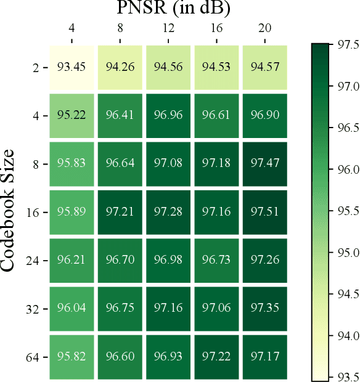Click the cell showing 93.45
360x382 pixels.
pyautogui.click(x=72, y=66)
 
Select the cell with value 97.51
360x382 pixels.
pyautogui.click(x=265, y=211)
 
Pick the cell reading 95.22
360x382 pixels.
pyautogui.click(x=72, y=115)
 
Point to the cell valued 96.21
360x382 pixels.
pyautogui.click(x=72, y=260)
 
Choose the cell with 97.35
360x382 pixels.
pyautogui.click(x=265, y=309)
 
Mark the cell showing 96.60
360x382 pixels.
pyautogui.click(x=120, y=357)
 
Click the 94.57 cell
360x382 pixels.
pyautogui.click(x=265, y=66)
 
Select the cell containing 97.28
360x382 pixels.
pyautogui.click(x=168, y=211)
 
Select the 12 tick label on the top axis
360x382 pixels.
pyautogui.click(x=168, y=28)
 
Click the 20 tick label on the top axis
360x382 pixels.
pyautogui.click(x=265, y=28)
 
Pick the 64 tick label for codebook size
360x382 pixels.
pyautogui.click(x=33, y=357)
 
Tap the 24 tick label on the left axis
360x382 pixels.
pyautogui.click(x=33, y=260)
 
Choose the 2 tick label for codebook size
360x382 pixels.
pyautogui.click(x=36, y=66)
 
